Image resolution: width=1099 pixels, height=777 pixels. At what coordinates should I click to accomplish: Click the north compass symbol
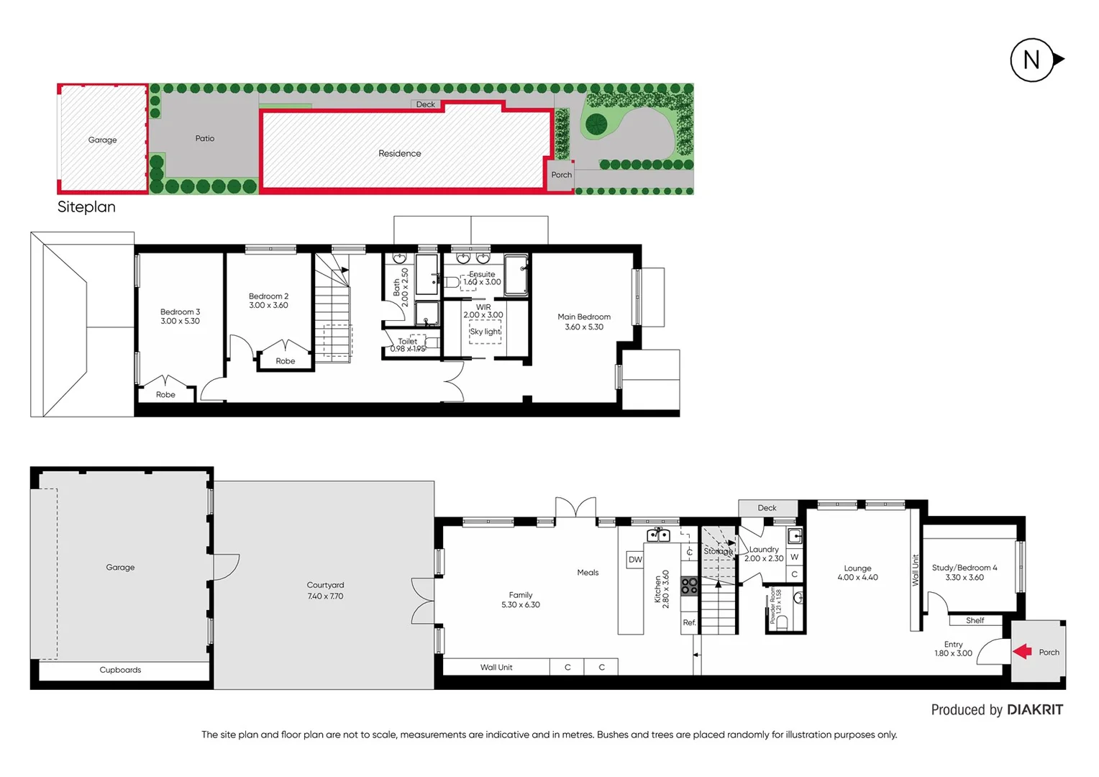(x=1033, y=60)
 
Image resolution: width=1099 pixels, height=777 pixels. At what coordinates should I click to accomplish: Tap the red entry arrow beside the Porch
(x=1022, y=652)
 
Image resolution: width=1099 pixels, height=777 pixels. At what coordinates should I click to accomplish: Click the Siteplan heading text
(x=86, y=206)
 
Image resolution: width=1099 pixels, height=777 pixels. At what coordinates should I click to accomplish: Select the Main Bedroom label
(x=583, y=317)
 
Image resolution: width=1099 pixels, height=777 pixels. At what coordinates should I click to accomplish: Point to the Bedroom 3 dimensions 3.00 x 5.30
(x=180, y=322)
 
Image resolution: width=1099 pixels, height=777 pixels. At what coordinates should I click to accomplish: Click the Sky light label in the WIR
(x=485, y=332)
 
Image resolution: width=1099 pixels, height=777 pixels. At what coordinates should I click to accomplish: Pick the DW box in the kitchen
(x=635, y=560)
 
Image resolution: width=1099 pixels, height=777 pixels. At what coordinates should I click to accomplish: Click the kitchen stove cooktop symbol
(x=689, y=586)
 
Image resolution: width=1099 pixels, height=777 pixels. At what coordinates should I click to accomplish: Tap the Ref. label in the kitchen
(x=689, y=623)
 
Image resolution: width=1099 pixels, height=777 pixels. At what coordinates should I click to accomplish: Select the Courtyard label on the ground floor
(x=325, y=585)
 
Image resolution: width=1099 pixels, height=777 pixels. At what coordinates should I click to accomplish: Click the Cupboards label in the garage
(x=120, y=670)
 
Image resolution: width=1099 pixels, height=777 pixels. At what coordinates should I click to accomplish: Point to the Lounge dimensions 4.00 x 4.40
(x=857, y=578)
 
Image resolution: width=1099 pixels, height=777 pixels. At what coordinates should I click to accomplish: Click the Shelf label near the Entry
(x=975, y=620)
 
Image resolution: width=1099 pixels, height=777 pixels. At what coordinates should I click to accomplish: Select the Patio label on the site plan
(x=205, y=138)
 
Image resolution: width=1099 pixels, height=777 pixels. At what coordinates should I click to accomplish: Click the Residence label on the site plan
(x=400, y=153)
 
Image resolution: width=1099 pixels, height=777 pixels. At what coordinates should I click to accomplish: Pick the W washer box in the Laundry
(x=794, y=557)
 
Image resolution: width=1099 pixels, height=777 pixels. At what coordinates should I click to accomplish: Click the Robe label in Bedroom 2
(x=285, y=361)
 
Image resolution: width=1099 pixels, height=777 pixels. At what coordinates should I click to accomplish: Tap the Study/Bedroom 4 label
(x=964, y=568)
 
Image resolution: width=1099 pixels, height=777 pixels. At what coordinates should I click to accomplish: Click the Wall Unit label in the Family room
(x=496, y=668)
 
